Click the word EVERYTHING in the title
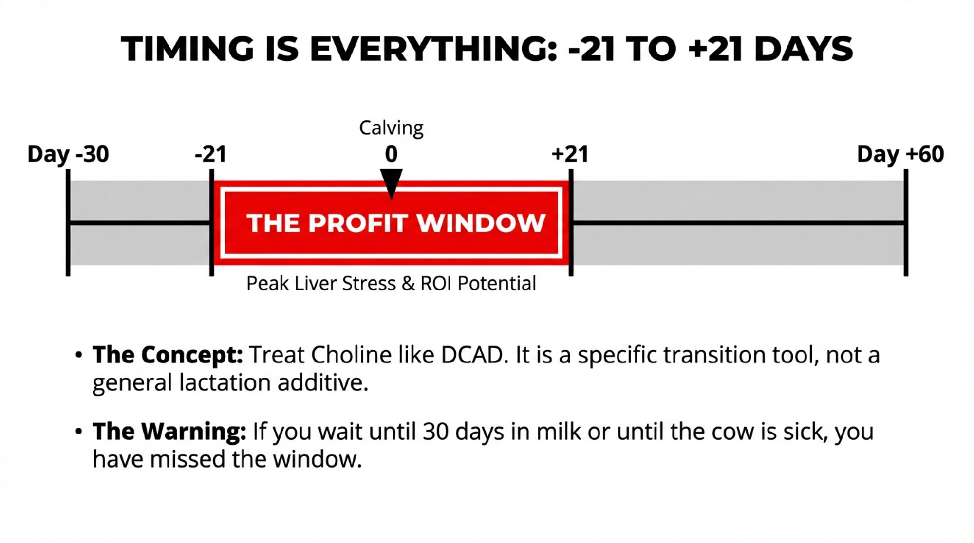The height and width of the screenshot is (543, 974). (433, 49)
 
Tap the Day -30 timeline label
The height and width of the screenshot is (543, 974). (68, 154)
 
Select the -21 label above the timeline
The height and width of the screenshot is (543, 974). (210, 154)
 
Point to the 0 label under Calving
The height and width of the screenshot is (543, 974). (391, 154)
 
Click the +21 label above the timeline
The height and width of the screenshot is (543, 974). (570, 154)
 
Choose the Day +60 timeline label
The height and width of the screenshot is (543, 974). (900, 154)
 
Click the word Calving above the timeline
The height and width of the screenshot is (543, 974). (391, 128)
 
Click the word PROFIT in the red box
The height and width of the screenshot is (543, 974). (358, 223)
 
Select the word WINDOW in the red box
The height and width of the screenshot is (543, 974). (481, 223)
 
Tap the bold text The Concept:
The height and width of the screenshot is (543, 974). (168, 355)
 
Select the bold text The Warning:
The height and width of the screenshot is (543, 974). (169, 432)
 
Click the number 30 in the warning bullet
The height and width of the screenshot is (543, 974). (435, 432)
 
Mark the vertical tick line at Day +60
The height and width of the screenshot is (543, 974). (906, 223)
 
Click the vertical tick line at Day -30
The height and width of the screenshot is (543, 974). (68, 223)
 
